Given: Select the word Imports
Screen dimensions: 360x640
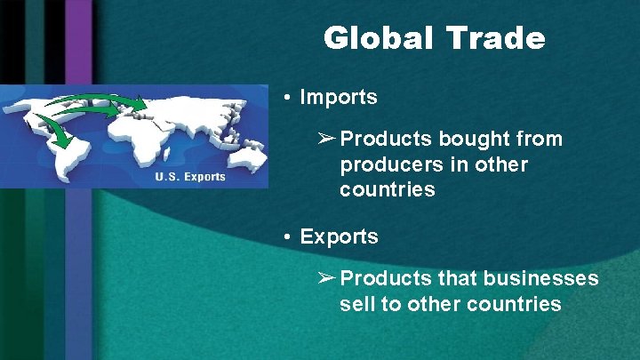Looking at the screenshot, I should (339, 97).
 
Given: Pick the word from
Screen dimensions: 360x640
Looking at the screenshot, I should (533, 140).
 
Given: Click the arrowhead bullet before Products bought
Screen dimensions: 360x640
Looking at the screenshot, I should (326, 140).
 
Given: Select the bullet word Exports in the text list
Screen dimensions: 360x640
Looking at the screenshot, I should (340, 237).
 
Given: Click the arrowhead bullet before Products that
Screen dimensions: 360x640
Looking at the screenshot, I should (326, 279).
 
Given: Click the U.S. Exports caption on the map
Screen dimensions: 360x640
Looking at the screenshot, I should (190, 176).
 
